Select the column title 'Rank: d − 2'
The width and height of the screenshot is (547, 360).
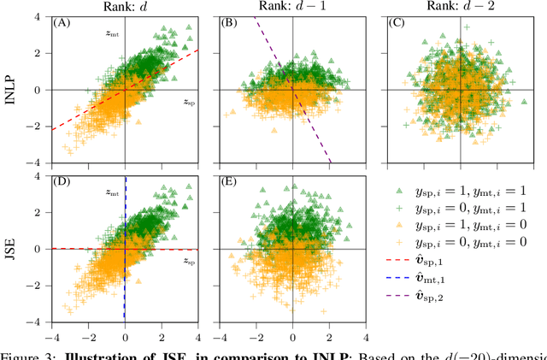(x=460, y=7)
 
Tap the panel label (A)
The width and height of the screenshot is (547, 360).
(x=62, y=23)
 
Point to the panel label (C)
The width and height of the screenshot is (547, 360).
(x=396, y=23)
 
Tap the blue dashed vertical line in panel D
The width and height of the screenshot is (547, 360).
(x=126, y=291)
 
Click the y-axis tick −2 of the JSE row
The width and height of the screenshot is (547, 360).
(x=43, y=286)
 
